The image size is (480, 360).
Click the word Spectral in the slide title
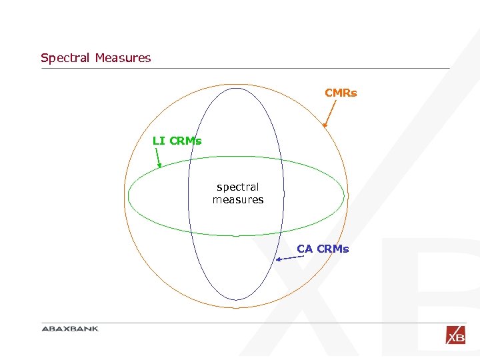[65, 58]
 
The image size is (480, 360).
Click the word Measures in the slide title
[123, 58]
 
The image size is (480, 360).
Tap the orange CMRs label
[341, 93]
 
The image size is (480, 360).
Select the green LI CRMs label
[177, 141]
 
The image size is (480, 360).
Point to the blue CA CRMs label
[323, 249]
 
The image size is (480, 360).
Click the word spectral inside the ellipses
[238, 187]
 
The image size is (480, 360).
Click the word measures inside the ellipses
[238, 199]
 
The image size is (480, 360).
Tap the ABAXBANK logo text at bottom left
[70, 329]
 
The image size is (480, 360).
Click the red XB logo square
[456, 335]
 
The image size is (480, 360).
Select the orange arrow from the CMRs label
[329, 113]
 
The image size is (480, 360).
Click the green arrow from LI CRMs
[158, 157]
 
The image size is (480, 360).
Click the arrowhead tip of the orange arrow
[324, 127]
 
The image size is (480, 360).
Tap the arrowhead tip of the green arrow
[160, 167]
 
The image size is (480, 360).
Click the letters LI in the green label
[159, 141]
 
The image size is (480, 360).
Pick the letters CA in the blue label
[305, 249]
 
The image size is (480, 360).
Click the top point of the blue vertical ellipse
[237, 89]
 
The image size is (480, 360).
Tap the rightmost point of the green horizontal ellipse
[345, 196]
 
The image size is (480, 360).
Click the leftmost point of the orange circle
[124, 196]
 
